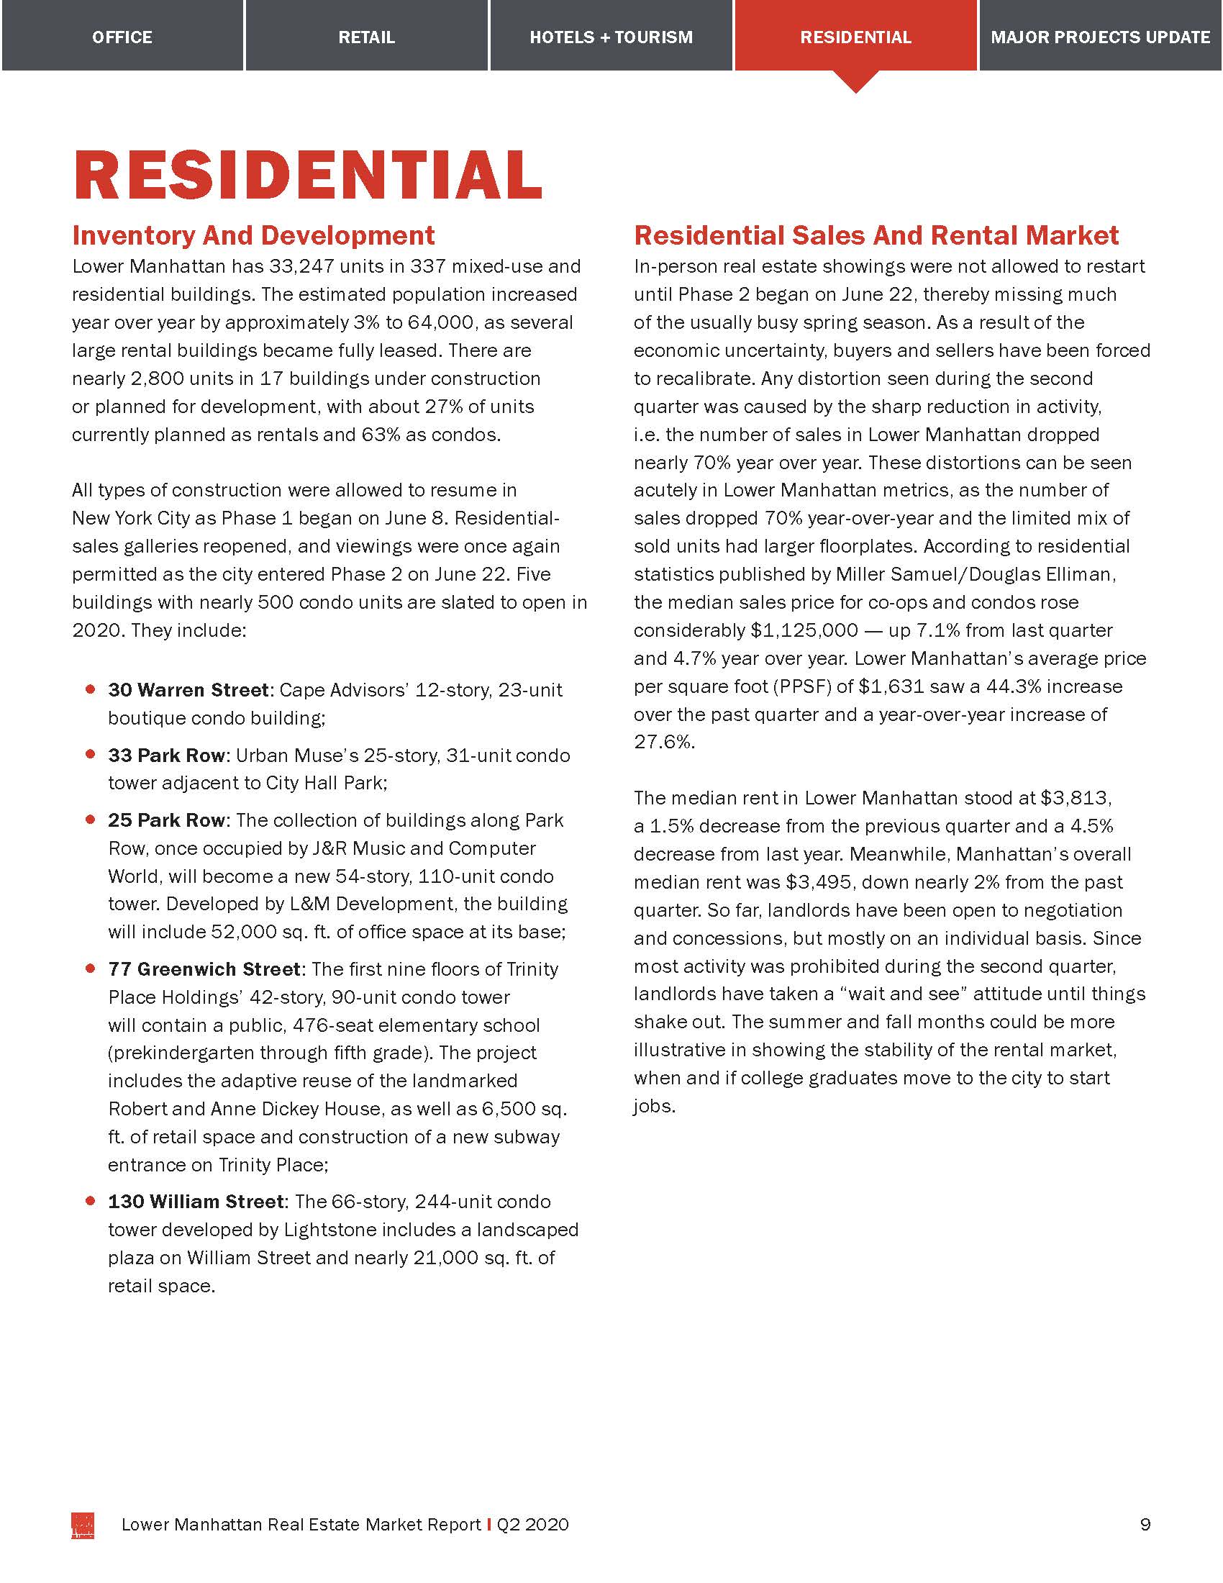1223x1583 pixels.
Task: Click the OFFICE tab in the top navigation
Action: [x=122, y=37]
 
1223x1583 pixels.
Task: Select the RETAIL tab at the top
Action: [x=367, y=37]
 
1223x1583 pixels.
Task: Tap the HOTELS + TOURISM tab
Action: [x=611, y=37]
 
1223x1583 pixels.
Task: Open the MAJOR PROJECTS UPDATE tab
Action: [x=1101, y=37]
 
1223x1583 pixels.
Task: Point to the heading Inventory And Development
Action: [x=253, y=235]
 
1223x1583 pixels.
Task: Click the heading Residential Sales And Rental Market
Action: [x=876, y=235]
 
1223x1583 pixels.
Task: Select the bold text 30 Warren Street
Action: [x=188, y=690]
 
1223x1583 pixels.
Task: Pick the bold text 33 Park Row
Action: [x=168, y=756]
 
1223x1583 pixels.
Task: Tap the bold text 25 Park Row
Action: [x=168, y=820]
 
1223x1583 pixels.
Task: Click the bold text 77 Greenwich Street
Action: [x=204, y=969]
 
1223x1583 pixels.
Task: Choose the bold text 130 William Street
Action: [x=196, y=1202]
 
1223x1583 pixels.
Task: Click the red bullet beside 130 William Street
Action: [x=91, y=1201]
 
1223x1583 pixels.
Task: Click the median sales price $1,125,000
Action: [x=804, y=630]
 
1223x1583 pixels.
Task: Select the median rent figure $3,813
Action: [x=1076, y=798]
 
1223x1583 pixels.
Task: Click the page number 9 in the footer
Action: [x=1145, y=1524]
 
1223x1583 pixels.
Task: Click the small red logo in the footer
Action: [x=83, y=1525]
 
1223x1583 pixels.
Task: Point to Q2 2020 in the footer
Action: [x=532, y=1525]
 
